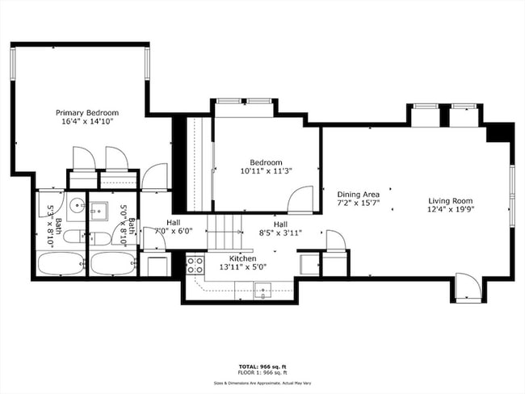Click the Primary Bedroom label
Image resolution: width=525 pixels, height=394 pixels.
coord(87,113)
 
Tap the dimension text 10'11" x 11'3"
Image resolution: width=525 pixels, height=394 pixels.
coord(266,171)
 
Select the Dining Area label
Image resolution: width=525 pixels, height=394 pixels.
coord(358,195)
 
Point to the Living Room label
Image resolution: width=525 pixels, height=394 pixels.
coord(450,201)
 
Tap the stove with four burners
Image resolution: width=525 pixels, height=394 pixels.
coord(195,265)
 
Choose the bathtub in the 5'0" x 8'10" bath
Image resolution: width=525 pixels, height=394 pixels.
coord(112,263)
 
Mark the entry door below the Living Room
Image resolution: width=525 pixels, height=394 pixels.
coord(467,287)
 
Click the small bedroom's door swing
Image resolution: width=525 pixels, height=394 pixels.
coord(301,199)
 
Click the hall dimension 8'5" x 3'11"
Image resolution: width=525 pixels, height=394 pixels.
coord(280,233)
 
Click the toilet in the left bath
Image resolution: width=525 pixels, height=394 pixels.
coord(73,237)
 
